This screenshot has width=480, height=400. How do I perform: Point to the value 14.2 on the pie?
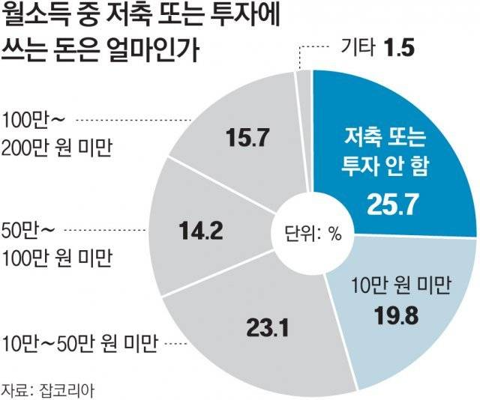pyautogui.click(x=198, y=231)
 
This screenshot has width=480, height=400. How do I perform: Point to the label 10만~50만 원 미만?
pyautogui.click(x=79, y=345)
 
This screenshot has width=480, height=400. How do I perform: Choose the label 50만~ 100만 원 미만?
pyautogui.click(x=57, y=243)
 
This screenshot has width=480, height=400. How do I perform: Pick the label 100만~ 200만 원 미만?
pyautogui.click(x=57, y=133)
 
